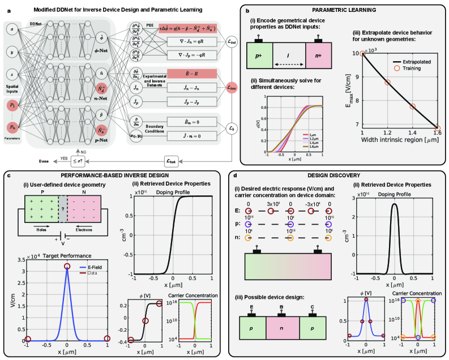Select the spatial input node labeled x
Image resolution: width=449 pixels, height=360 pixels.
coord(12,28)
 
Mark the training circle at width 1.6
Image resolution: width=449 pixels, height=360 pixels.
coord(438,128)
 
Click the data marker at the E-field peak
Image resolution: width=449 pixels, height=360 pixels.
coord(67,266)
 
